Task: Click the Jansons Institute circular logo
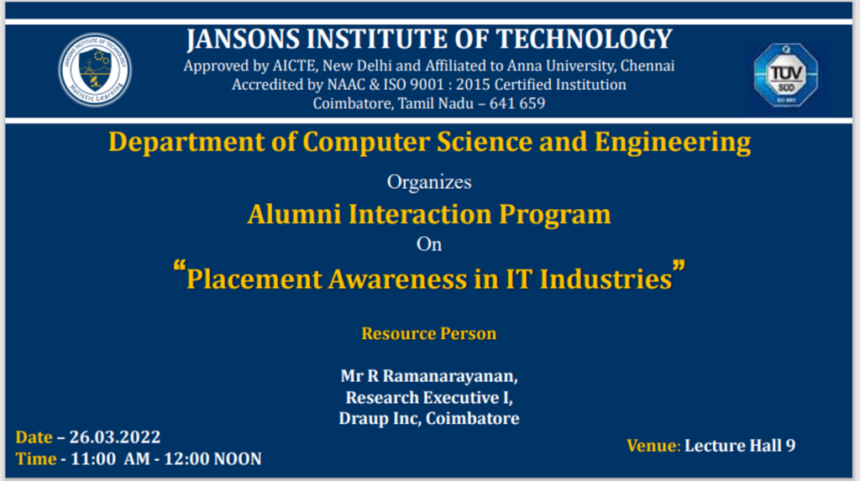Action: [x=95, y=71]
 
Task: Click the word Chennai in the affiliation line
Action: [x=648, y=65]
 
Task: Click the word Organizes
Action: [x=429, y=182]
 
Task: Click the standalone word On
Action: [x=429, y=245]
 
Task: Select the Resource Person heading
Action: [x=429, y=334]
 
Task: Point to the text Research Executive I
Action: [x=429, y=397]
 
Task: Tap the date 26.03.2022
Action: [x=115, y=437]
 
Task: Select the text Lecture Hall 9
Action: [x=740, y=446]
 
